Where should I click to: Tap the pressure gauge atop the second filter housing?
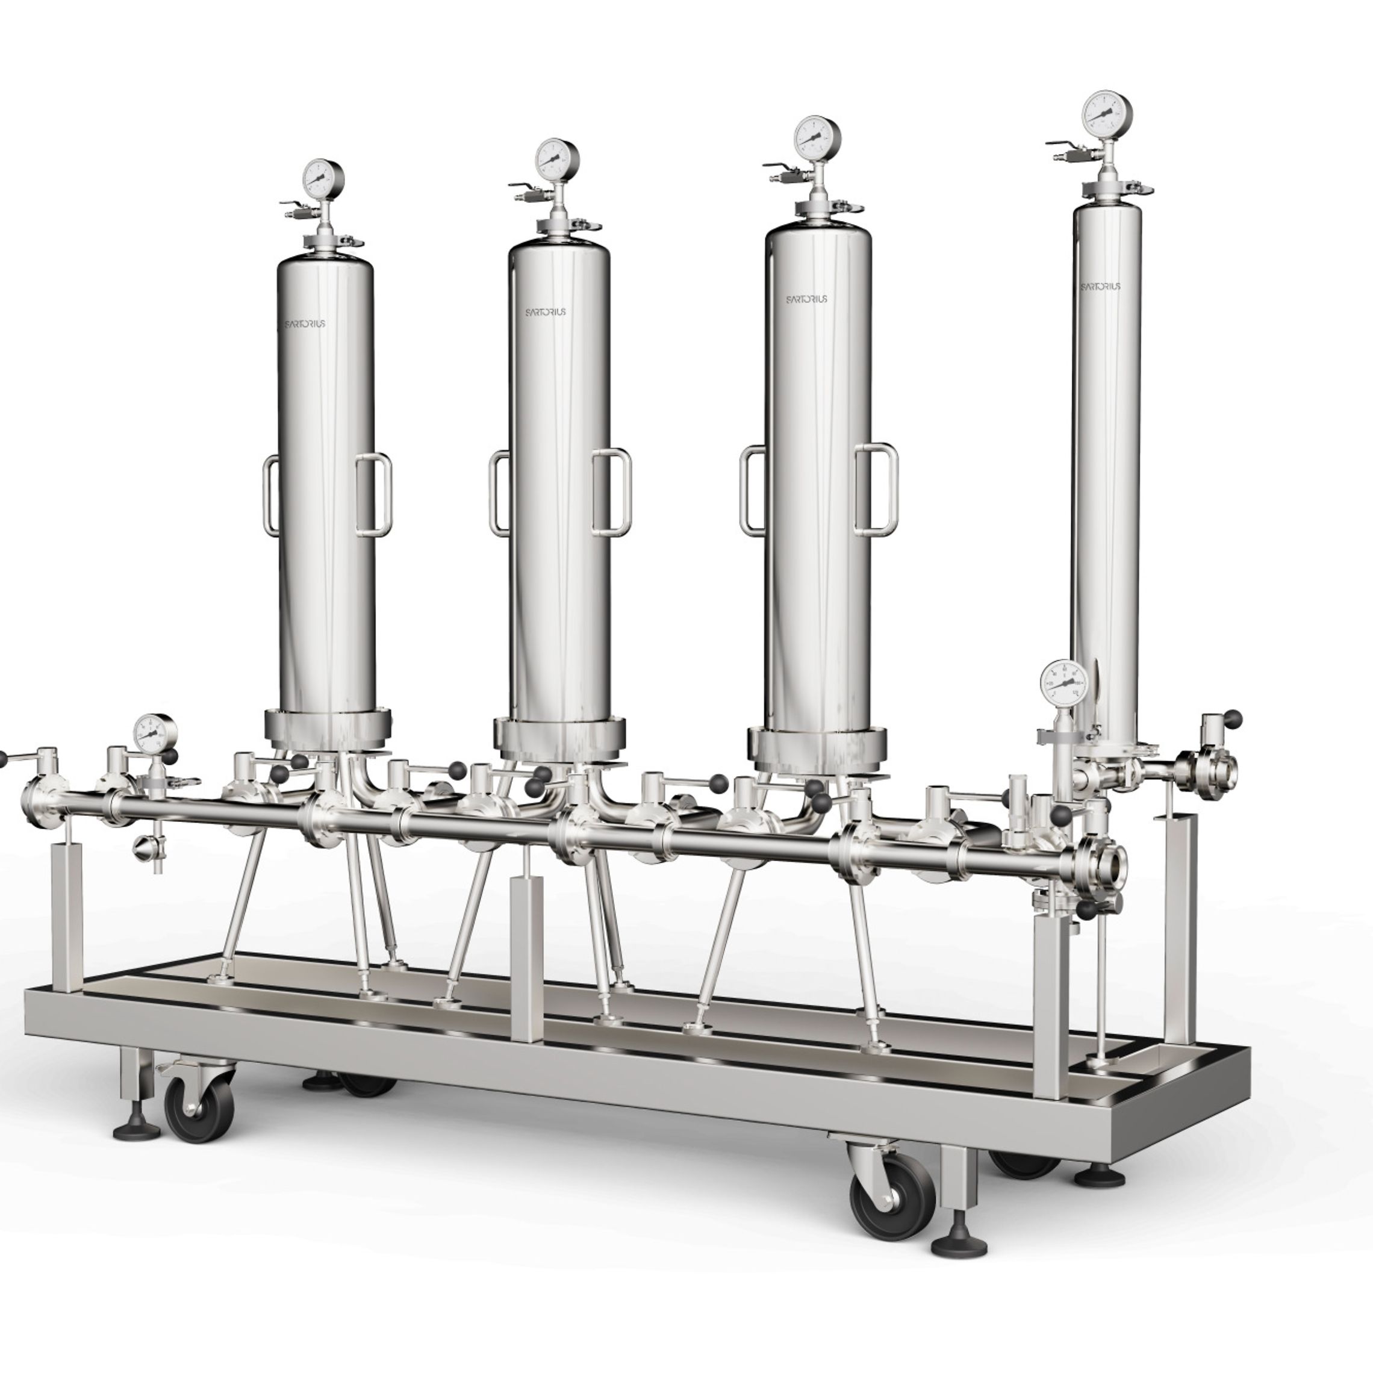pos(558,157)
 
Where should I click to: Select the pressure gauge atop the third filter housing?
pos(818,137)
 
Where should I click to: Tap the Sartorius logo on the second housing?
pos(546,312)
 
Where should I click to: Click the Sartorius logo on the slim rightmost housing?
pos(1101,287)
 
